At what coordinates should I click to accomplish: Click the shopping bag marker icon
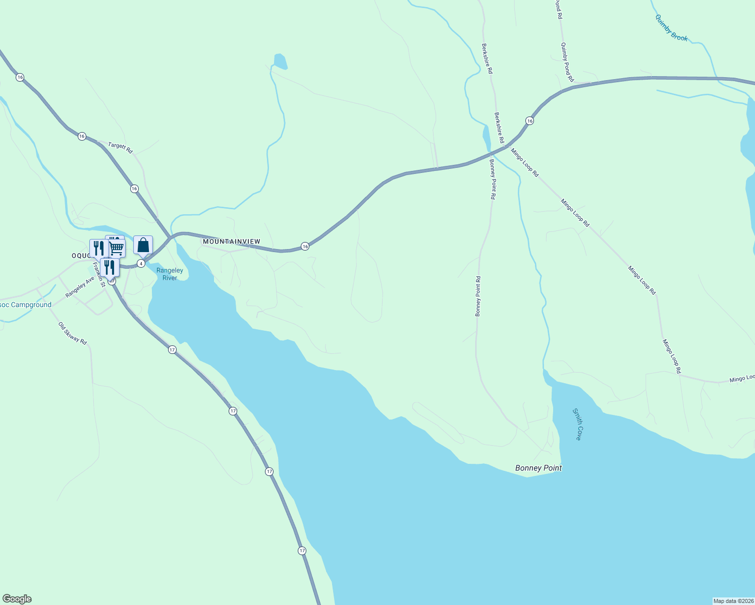pyautogui.click(x=143, y=245)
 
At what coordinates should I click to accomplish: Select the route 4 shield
pyautogui.click(x=141, y=264)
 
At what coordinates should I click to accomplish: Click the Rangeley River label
pyautogui.click(x=170, y=274)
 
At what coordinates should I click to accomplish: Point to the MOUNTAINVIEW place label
pyautogui.click(x=232, y=242)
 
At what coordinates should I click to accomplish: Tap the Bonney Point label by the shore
pyautogui.click(x=538, y=468)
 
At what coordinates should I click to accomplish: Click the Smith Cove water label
pyautogui.click(x=577, y=425)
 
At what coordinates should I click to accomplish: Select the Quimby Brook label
pyautogui.click(x=671, y=28)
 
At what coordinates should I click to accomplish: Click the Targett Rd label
pyautogui.click(x=120, y=147)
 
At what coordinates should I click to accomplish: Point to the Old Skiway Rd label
pyautogui.click(x=72, y=333)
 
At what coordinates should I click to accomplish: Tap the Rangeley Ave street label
pyautogui.click(x=80, y=286)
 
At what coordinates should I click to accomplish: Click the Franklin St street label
pyautogui.click(x=99, y=275)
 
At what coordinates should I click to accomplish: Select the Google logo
pyautogui.click(x=17, y=599)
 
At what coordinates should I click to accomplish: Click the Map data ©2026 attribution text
pyautogui.click(x=733, y=601)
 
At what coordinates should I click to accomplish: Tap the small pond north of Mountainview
pyautogui.click(x=280, y=62)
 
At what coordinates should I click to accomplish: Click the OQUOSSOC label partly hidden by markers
pyautogui.click(x=80, y=256)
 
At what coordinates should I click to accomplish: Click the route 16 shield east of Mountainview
pyautogui.click(x=305, y=246)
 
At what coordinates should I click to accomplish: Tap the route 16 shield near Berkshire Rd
pyautogui.click(x=529, y=120)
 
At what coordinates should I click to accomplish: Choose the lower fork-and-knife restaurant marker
pyautogui.click(x=110, y=267)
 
